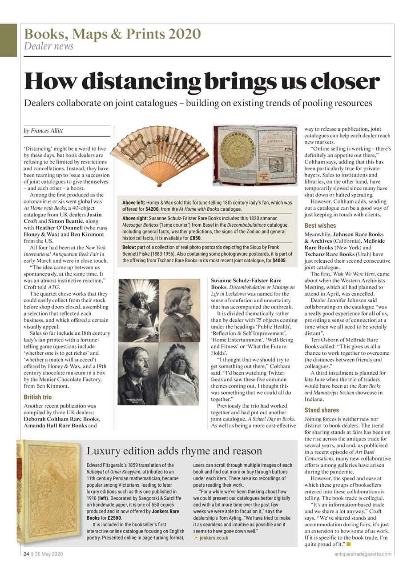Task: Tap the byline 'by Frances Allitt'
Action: tap(43, 131)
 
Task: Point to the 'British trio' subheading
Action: tap(37, 397)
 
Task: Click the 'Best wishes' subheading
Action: tap(320, 225)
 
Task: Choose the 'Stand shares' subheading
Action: tap(322, 410)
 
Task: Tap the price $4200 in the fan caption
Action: tap(153, 209)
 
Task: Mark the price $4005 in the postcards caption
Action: tap(279, 260)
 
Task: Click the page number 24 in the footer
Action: tap(26, 554)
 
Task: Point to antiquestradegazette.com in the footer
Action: tap(363, 554)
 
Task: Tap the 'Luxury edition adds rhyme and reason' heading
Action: tap(174, 451)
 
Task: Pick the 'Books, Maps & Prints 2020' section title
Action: tap(112, 34)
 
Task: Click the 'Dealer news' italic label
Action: tap(48, 46)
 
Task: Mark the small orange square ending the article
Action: tap(349, 544)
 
